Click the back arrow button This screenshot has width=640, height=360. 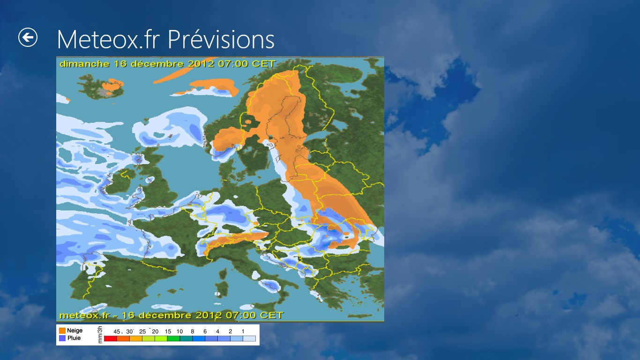(28, 37)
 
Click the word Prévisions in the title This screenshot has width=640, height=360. (221, 39)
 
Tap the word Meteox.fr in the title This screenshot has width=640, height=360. (108, 39)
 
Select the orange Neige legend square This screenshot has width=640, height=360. (62, 330)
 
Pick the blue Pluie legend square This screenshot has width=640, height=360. (62, 338)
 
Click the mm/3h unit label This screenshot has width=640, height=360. (100, 335)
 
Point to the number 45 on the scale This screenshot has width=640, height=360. (117, 332)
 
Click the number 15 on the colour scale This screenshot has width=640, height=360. (168, 332)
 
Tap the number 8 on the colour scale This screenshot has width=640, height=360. (192, 332)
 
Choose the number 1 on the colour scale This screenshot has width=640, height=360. (243, 332)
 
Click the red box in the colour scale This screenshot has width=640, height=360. (111, 339)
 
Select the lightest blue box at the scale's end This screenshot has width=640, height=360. (249, 339)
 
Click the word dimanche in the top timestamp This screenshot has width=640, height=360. (85, 64)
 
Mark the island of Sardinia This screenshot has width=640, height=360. (222, 289)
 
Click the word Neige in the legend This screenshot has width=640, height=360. (74, 330)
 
